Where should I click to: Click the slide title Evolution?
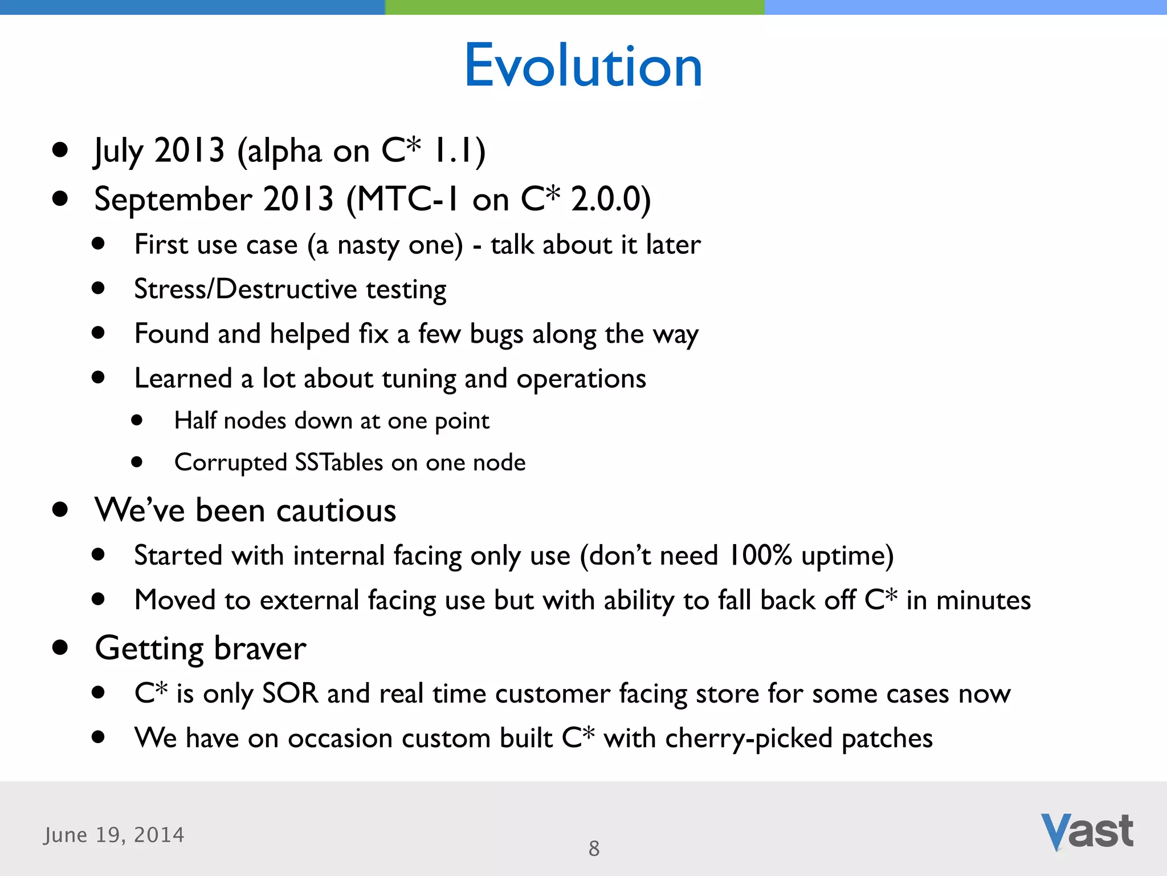point(583,66)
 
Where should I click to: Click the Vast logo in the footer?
point(1087,832)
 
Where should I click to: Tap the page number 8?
point(594,849)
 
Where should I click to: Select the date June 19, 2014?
point(114,835)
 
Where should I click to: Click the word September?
point(173,200)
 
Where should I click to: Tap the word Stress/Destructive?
point(245,289)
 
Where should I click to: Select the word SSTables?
point(338,462)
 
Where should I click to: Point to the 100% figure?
point(760,555)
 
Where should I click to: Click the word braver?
point(260,649)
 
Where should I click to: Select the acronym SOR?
point(290,693)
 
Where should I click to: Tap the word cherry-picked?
point(748,739)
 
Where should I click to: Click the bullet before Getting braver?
point(60,647)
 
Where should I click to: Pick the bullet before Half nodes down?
point(136,420)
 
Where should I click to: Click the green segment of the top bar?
point(574,7)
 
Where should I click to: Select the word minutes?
point(983,601)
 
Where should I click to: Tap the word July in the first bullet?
point(119,152)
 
